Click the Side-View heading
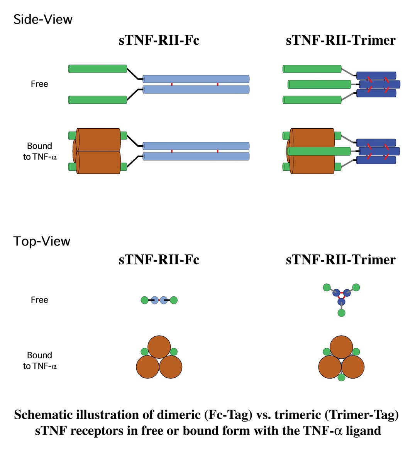(43, 19)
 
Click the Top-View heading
(42, 241)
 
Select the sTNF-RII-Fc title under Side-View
(159, 40)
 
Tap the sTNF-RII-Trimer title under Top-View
(340, 260)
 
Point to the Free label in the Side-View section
(39, 84)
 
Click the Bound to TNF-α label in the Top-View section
(39, 361)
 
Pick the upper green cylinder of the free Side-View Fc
(98, 69)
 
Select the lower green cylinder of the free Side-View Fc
(98, 100)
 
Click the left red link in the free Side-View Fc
(172, 84)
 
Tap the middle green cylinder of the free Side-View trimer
(320, 84)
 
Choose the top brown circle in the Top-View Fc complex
(159, 347)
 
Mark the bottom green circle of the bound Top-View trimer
(341, 377)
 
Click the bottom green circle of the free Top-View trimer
(341, 313)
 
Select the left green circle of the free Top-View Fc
(144, 300)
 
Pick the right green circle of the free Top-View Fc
(174, 300)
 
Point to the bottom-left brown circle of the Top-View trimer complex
(330, 367)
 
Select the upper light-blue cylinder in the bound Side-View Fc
(196, 146)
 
